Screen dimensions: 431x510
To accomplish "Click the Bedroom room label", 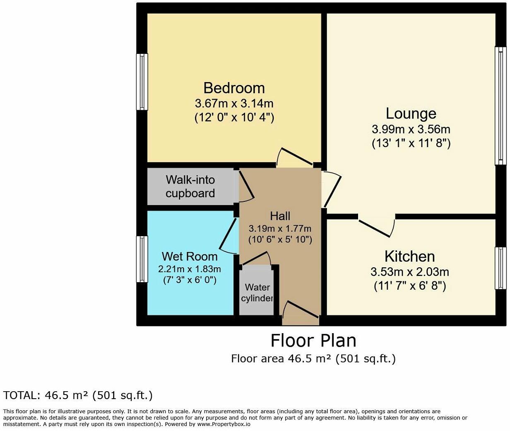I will point(234,88).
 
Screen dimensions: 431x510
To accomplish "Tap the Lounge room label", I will point(411,114).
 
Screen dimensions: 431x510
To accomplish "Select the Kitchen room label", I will point(409,257).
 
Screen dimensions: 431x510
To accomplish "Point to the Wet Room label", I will point(190,257).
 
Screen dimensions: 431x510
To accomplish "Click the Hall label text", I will point(280,216).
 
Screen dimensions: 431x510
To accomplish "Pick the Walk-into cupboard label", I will point(190,186).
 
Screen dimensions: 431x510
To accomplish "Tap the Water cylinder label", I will point(257,293).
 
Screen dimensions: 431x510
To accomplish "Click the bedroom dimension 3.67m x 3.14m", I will point(234,103).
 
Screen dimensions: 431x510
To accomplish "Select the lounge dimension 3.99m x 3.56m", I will point(411,129).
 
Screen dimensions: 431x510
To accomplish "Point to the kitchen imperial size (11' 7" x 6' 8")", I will point(409,286).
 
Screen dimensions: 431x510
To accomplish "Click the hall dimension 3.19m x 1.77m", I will point(280,228).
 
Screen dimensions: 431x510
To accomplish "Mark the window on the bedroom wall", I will point(142,82).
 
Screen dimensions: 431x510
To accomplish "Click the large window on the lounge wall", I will point(500,106).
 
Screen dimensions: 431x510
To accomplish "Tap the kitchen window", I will point(500,268).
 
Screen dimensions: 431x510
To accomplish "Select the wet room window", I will point(142,259).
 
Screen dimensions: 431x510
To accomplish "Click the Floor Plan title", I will point(313,341).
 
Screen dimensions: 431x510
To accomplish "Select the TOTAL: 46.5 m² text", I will point(78,395).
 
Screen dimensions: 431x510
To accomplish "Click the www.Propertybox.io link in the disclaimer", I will point(224,424).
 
